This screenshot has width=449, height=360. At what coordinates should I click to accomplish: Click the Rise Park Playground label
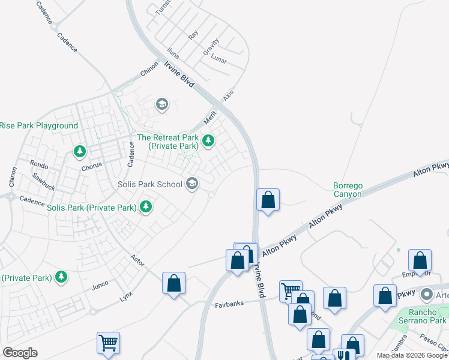[39, 125]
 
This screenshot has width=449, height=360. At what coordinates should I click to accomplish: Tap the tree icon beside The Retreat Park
[208, 141]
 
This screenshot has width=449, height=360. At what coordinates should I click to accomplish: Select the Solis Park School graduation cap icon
[192, 184]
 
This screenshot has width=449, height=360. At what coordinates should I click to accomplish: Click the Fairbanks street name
[229, 305]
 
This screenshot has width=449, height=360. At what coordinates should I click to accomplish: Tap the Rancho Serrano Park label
[419, 317]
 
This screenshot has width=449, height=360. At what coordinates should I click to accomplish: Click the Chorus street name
[94, 165]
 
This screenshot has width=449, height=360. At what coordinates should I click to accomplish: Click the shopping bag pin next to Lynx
[173, 283]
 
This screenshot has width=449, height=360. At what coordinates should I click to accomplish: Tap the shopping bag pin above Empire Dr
[420, 260]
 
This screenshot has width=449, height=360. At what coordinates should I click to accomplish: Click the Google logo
[20, 353]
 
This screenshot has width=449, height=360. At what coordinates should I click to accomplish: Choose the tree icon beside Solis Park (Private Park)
[145, 207]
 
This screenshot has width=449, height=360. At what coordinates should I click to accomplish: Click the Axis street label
[228, 95]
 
